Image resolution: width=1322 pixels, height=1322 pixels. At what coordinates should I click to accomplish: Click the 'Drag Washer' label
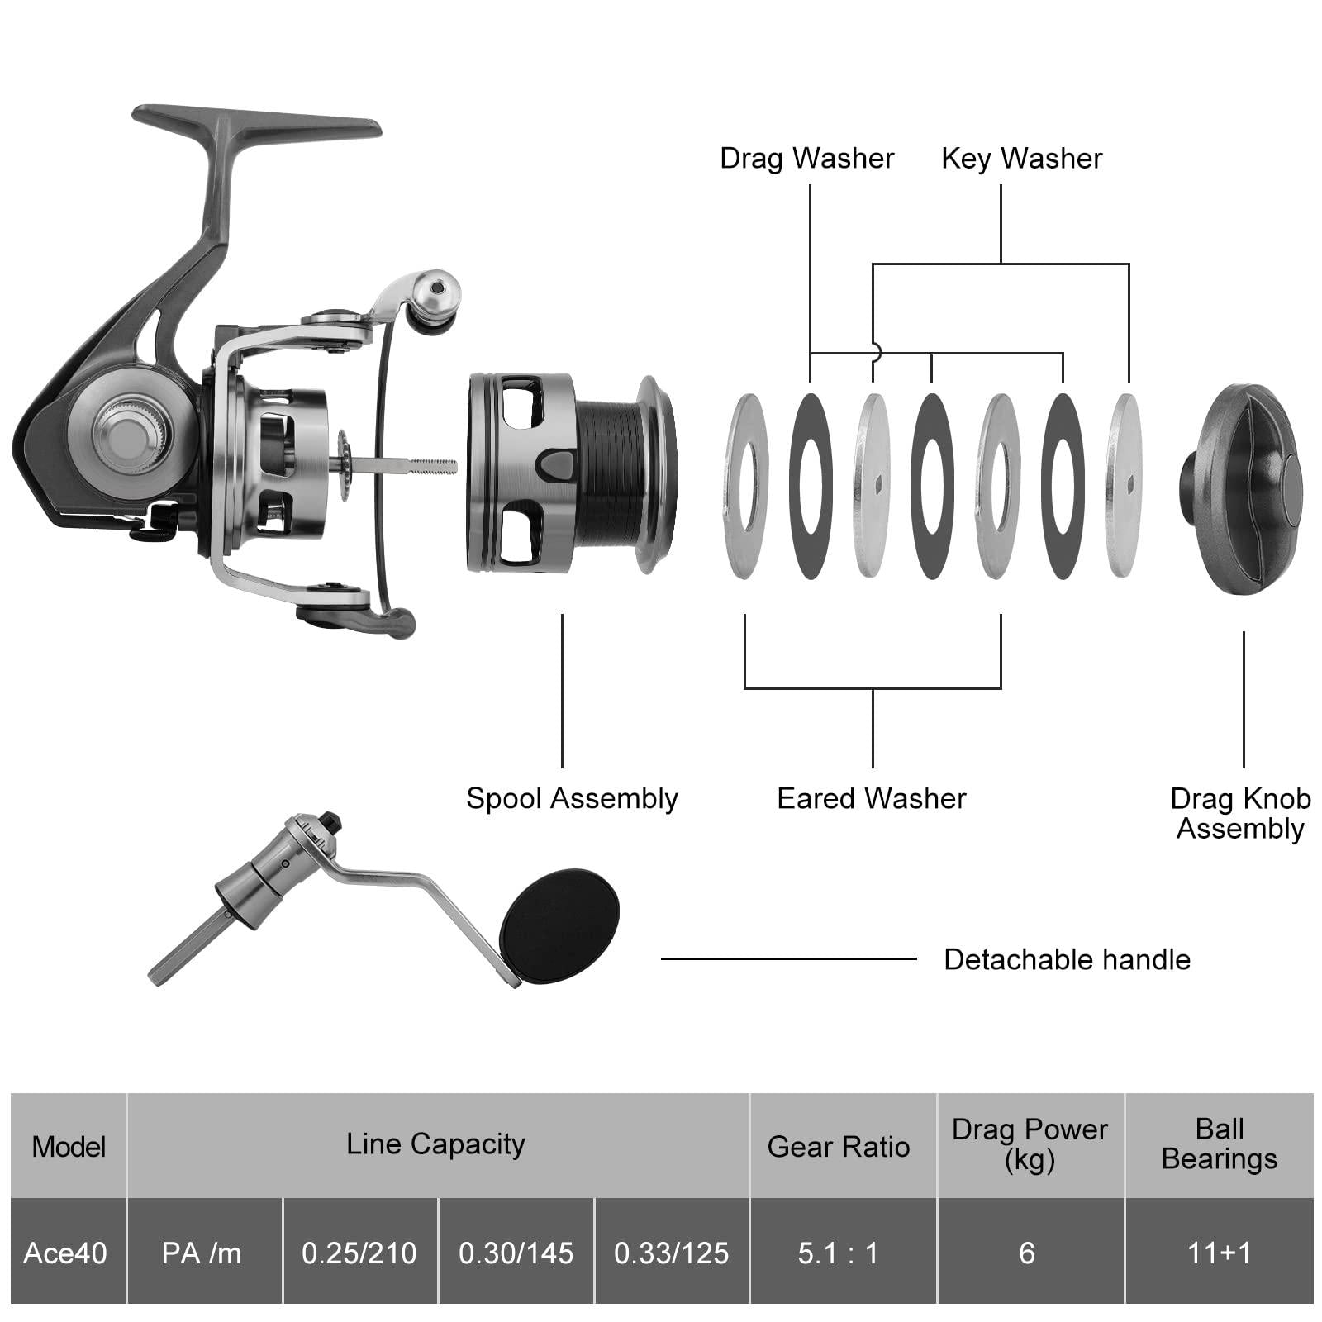[806, 158]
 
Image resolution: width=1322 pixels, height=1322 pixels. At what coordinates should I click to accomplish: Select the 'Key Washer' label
[1021, 158]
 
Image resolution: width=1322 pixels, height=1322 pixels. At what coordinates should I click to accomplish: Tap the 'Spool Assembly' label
[572, 798]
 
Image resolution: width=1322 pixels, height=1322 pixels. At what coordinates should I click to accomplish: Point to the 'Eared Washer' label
[872, 798]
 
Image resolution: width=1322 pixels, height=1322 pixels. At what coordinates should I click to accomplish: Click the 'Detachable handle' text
[1067, 959]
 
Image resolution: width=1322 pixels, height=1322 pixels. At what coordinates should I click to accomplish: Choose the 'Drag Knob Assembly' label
[1240, 813]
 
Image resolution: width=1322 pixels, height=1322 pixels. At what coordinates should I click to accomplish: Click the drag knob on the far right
[1244, 489]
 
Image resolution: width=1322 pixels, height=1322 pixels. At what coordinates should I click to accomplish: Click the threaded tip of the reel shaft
[442, 466]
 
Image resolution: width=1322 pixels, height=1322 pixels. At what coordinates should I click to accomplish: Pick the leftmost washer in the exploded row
[746, 485]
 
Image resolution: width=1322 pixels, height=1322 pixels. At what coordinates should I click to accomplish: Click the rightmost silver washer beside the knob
[1124, 485]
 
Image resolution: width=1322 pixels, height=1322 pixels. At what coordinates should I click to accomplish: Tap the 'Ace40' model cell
[65, 1253]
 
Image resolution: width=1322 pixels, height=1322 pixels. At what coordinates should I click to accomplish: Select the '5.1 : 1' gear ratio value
[838, 1253]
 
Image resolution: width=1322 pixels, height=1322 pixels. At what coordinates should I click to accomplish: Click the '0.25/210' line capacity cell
[359, 1253]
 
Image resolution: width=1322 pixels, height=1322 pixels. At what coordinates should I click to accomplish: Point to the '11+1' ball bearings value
[1219, 1253]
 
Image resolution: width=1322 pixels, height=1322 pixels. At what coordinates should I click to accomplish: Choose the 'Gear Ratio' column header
[838, 1146]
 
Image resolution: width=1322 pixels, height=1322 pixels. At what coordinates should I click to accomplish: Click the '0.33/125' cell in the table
[671, 1253]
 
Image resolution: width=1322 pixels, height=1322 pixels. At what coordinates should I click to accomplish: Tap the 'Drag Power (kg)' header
[1030, 1144]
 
